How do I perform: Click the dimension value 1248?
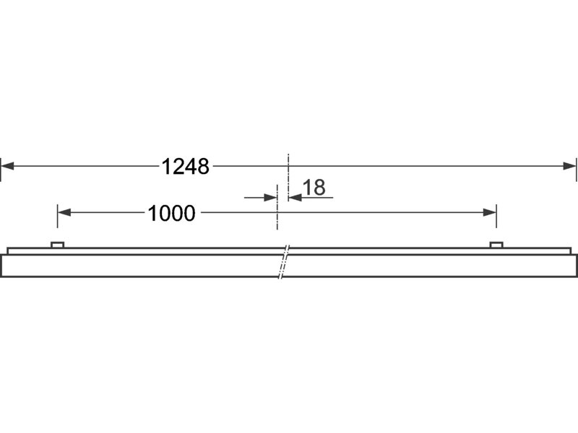click(x=186, y=167)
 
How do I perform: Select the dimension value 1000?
click(x=171, y=213)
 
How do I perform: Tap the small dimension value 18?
click(x=314, y=188)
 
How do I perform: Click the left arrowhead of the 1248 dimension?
click(x=7, y=166)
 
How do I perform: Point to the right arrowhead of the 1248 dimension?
click(x=569, y=166)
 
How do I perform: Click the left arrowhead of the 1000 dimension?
click(x=64, y=212)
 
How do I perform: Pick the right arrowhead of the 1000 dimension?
click(x=490, y=212)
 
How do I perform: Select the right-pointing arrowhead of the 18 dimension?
click(x=270, y=198)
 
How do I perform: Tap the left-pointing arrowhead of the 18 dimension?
click(x=296, y=198)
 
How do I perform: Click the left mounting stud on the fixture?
click(x=58, y=245)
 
